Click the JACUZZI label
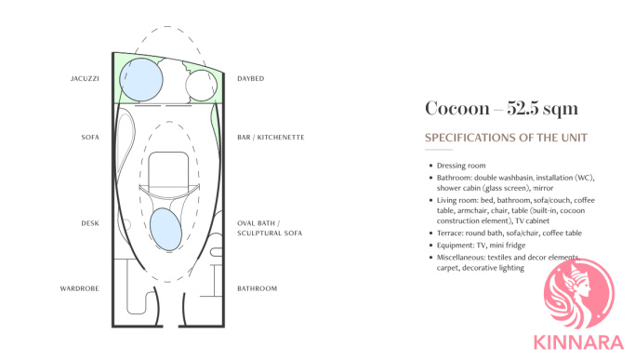(x=85, y=79)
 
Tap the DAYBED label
(x=251, y=79)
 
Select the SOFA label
(x=90, y=138)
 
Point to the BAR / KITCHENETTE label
(x=271, y=138)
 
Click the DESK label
(x=90, y=223)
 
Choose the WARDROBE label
(x=79, y=288)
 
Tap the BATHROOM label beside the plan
(x=258, y=288)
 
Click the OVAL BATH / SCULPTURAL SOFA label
(x=270, y=228)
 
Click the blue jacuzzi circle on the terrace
(x=141, y=79)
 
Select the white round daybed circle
(x=201, y=86)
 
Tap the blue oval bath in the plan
(x=165, y=230)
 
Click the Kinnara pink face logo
(x=579, y=294)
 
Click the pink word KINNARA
(x=578, y=342)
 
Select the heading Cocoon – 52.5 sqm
(x=501, y=108)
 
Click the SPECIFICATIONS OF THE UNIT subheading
(x=506, y=138)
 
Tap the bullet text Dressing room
(x=461, y=166)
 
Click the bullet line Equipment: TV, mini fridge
(x=481, y=246)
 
